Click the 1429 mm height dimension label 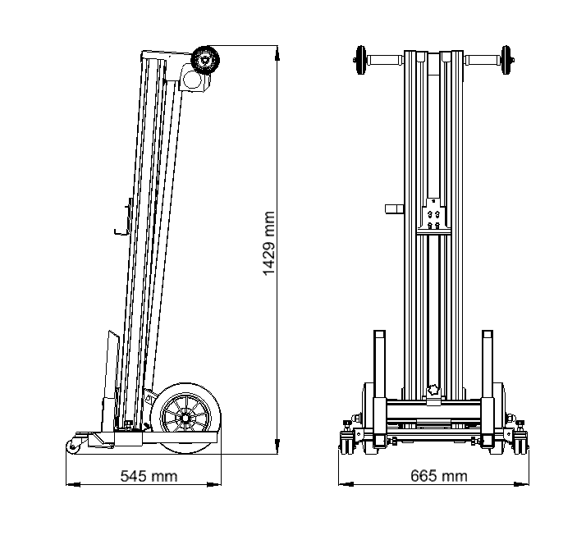tap(269, 243)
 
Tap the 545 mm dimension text tap(149, 476)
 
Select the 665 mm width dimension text tap(439, 476)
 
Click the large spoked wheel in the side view tap(185, 418)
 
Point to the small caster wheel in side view tap(73, 446)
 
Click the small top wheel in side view tap(205, 60)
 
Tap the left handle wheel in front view tap(360, 60)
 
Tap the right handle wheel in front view tap(506, 60)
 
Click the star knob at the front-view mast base tap(433, 390)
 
